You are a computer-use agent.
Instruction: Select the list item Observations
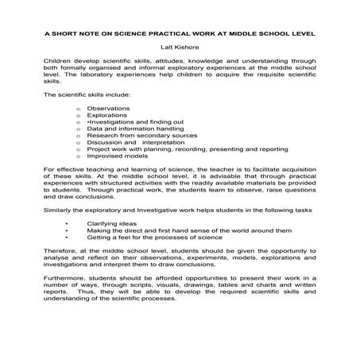click(x=108, y=106)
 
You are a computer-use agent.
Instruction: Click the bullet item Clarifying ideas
click(x=111, y=225)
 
